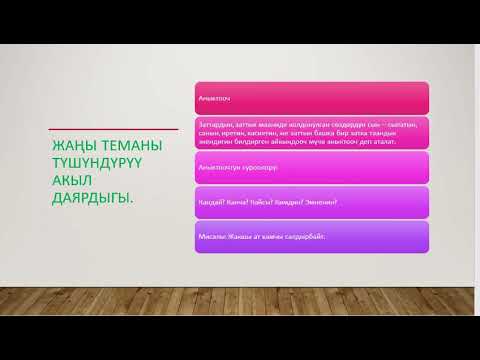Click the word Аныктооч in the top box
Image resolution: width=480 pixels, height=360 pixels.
215,99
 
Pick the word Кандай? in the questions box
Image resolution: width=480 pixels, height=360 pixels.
212,202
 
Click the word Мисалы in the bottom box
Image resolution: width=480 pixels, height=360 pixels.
212,237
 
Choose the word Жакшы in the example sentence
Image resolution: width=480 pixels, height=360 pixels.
240,237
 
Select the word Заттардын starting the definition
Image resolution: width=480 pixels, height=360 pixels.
215,124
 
